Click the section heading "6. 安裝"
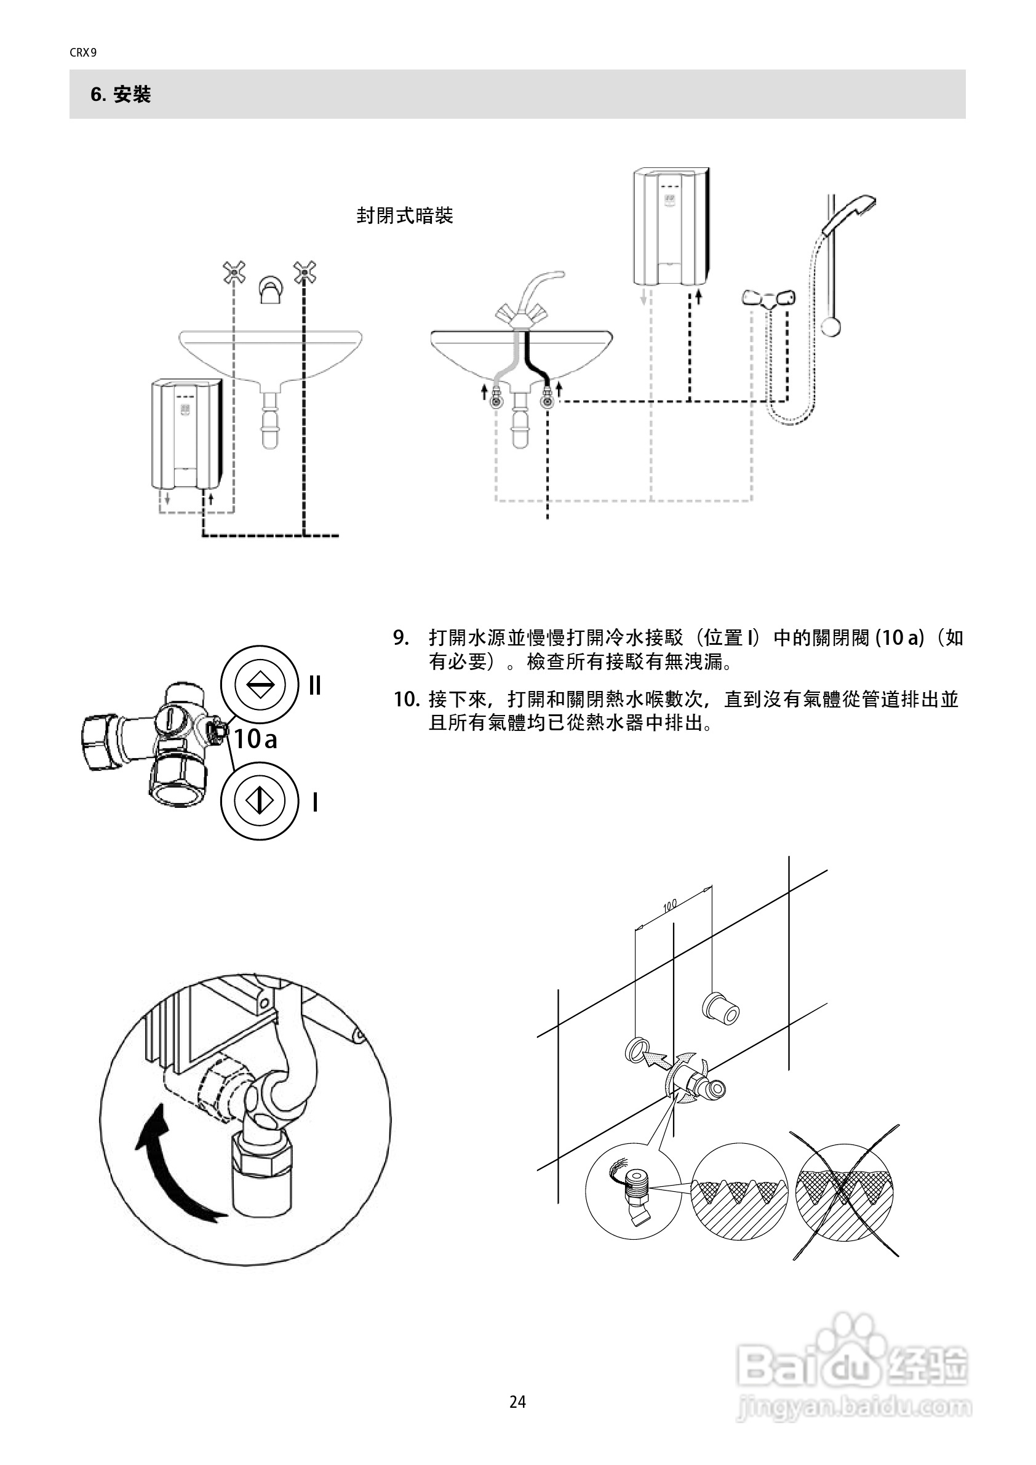click(121, 95)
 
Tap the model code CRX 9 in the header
click(83, 53)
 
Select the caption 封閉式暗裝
click(404, 216)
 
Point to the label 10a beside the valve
click(255, 739)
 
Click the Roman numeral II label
click(314, 686)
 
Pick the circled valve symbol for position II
click(260, 685)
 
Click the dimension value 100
click(669, 906)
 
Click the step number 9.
click(400, 637)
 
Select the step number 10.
click(405, 700)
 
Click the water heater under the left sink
click(187, 434)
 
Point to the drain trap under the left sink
click(271, 423)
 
